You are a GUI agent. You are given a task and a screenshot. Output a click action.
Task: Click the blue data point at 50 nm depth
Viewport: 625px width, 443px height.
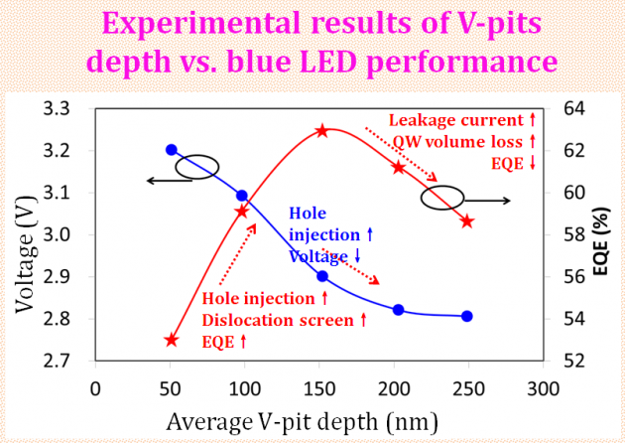pyautogui.click(x=172, y=150)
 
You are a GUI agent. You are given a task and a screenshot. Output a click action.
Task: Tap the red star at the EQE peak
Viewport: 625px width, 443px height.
pyautogui.click(x=322, y=130)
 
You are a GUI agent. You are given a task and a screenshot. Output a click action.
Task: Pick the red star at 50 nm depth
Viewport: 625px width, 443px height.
pyautogui.click(x=172, y=340)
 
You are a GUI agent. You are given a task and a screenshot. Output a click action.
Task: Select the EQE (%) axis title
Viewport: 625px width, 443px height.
pyautogui.click(x=602, y=234)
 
